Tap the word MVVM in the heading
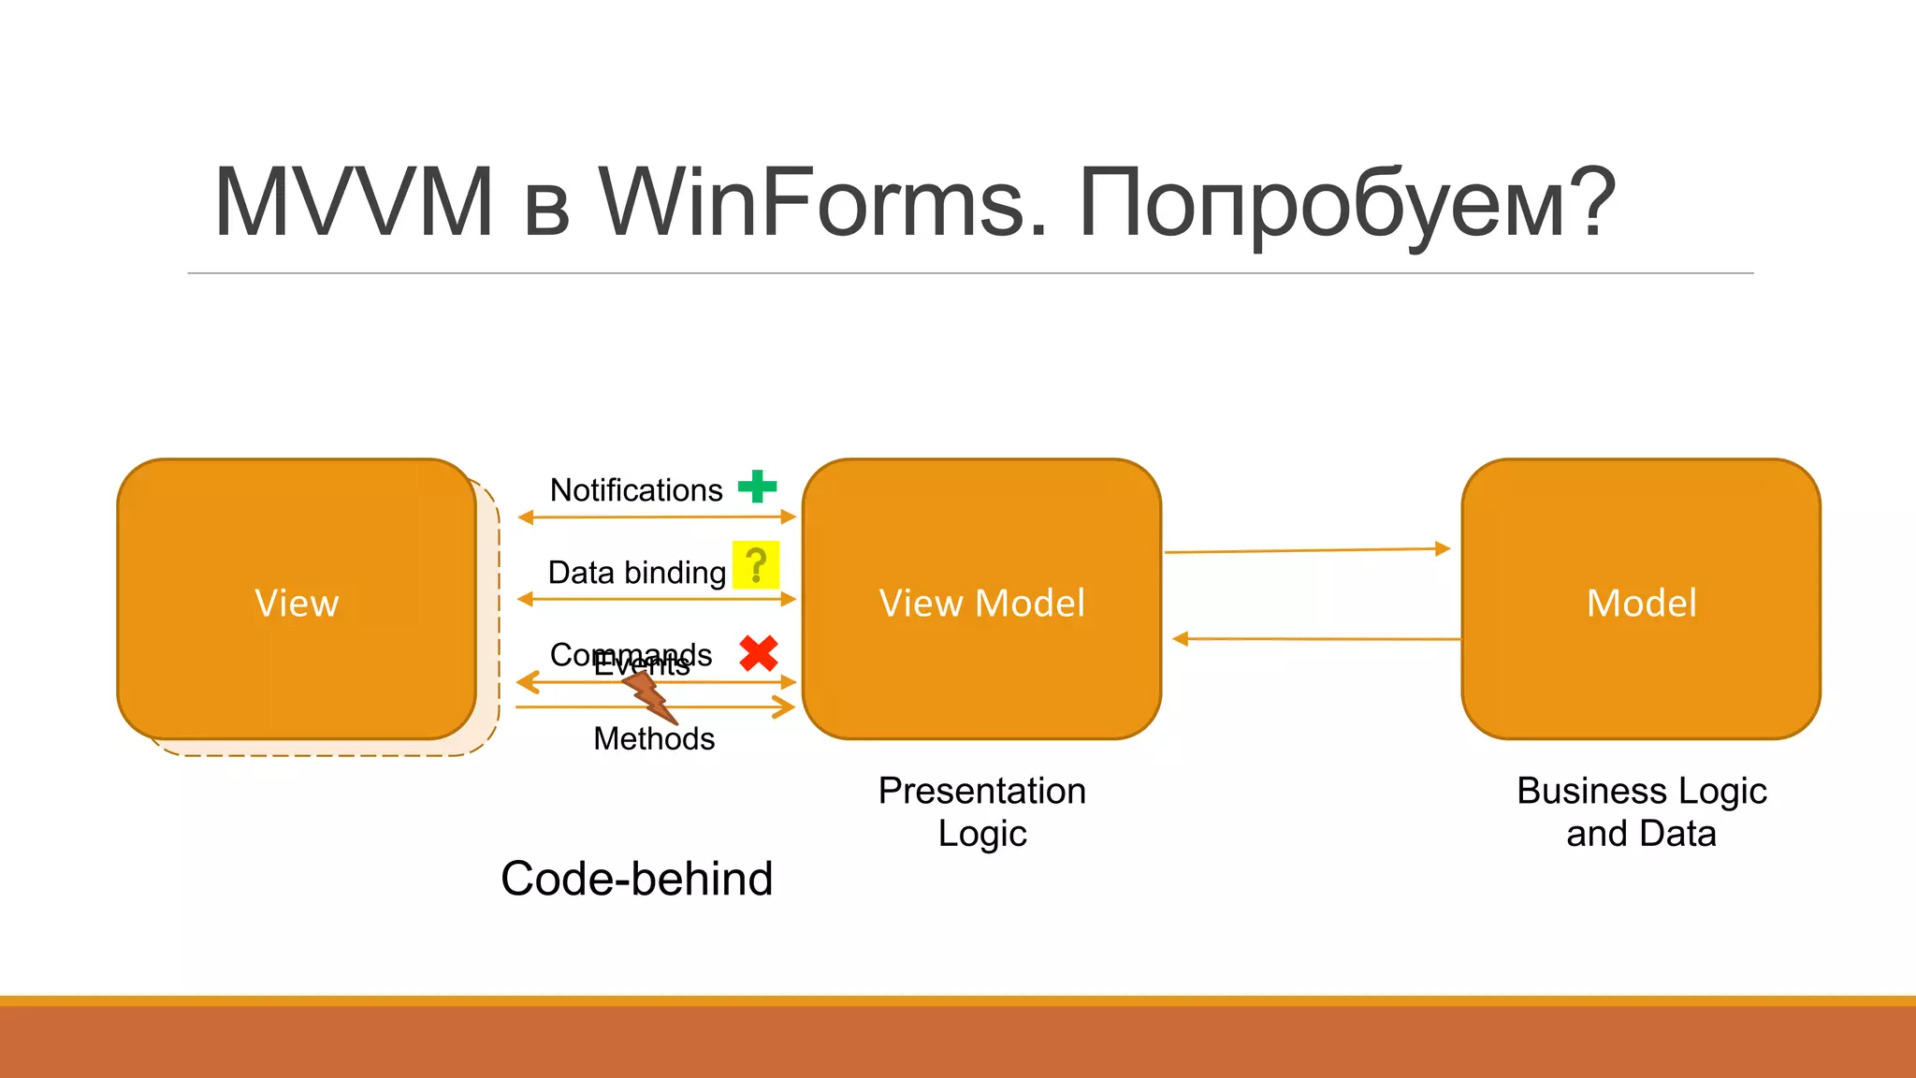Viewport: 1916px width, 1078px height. click(354, 202)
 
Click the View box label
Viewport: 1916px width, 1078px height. click(297, 604)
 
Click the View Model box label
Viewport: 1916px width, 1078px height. click(981, 604)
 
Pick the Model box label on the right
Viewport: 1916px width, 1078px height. click(1641, 604)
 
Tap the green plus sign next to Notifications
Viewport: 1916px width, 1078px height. click(757, 487)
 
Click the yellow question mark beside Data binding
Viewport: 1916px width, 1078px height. click(755, 565)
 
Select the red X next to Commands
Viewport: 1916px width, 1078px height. click(758, 653)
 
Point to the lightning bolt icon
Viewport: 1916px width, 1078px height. click(649, 696)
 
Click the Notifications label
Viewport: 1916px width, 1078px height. click(636, 490)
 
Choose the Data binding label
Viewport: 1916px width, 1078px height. click(636, 573)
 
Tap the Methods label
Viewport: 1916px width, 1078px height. click(654, 739)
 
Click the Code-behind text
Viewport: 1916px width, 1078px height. click(636, 880)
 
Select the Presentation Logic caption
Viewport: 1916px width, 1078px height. click(981, 812)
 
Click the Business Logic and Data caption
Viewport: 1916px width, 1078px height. click(1641, 812)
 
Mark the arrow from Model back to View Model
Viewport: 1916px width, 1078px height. click(1315, 639)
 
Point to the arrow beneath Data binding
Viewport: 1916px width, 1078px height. click(655, 599)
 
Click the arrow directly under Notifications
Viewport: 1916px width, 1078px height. click(655, 517)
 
